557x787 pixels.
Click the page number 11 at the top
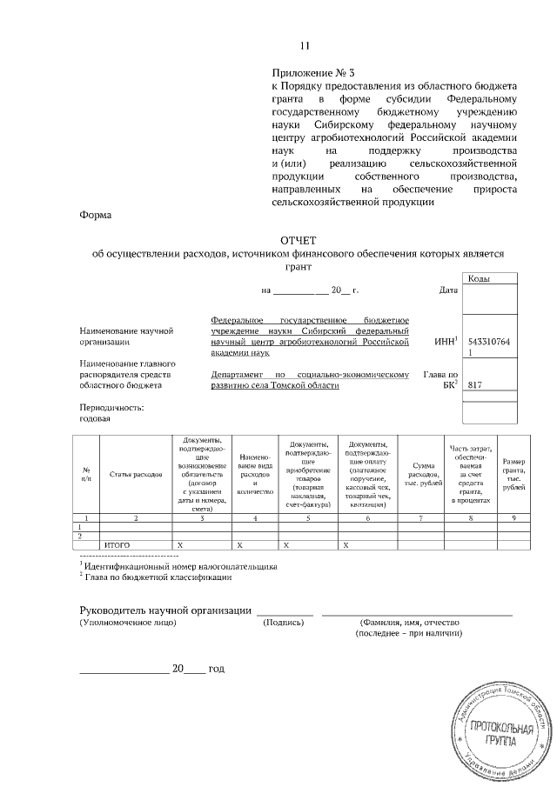(x=304, y=46)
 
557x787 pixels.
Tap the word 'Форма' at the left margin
(x=95, y=214)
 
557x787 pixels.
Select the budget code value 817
(x=475, y=384)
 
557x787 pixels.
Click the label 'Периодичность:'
(x=111, y=406)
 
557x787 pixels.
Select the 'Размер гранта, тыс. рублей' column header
(x=514, y=474)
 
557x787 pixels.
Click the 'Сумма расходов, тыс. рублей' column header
(x=423, y=474)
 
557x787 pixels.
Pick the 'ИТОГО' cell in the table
(x=117, y=544)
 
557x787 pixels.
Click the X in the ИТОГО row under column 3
(x=178, y=544)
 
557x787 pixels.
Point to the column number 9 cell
(x=513, y=517)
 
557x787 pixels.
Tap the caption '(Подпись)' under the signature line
(x=284, y=624)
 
